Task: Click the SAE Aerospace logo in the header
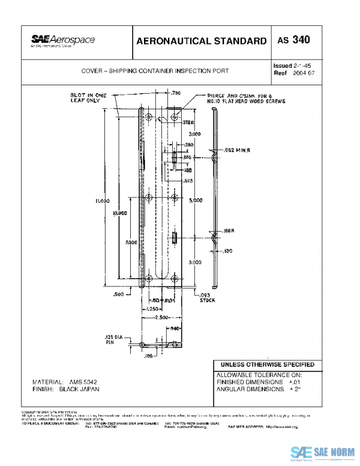tap(63, 41)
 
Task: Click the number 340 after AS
tap(302, 40)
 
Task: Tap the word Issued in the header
tap(283, 64)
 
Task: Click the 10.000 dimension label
tap(119, 213)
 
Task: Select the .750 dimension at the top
tap(176, 94)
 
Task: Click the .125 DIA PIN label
tap(114, 340)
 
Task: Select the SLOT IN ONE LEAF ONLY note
tap(88, 98)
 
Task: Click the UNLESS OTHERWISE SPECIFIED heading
tap(267, 365)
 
